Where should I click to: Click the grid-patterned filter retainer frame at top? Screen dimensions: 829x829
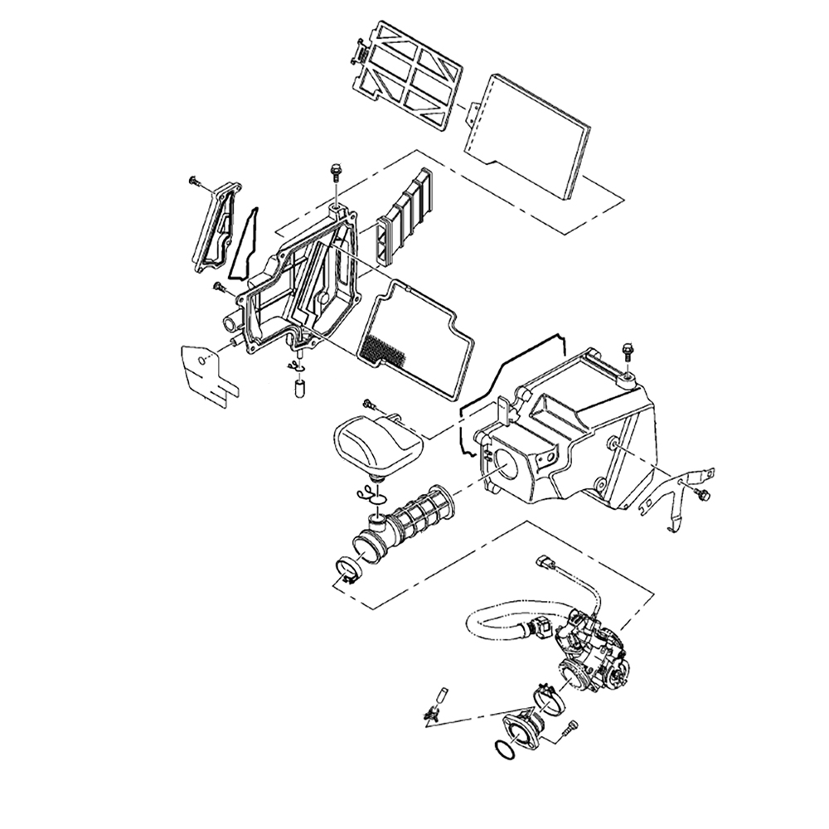click(x=408, y=73)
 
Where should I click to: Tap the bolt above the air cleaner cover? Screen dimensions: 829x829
click(x=336, y=172)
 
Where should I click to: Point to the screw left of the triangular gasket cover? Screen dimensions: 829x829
click(x=195, y=180)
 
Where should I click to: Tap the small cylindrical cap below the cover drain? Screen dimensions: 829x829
click(x=299, y=388)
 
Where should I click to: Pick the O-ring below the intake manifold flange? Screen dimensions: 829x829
click(x=502, y=749)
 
